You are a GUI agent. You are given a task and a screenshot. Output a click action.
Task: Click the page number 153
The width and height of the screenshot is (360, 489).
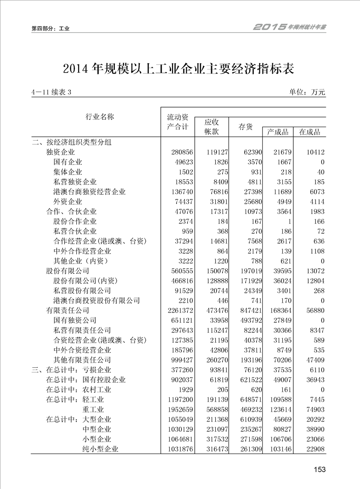point(320,469)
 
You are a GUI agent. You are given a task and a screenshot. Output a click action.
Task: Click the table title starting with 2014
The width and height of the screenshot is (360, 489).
point(180,69)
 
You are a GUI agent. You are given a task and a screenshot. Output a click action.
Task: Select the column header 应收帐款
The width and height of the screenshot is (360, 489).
point(212,127)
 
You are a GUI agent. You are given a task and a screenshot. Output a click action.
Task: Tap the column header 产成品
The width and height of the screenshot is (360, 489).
point(277,132)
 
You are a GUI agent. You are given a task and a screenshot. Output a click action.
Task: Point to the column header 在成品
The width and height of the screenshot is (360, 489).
point(310,132)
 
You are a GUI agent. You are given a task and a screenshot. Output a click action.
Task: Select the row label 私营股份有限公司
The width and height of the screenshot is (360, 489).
point(82,291)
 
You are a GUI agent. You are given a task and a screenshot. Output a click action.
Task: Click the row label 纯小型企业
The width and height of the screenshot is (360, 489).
point(100,449)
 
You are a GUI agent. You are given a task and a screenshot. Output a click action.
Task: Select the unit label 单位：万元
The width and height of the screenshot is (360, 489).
point(307,92)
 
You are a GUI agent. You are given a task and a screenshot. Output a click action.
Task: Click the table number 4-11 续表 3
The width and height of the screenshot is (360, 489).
point(51,93)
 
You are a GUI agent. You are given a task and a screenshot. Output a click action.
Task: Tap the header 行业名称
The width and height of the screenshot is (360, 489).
point(100,117)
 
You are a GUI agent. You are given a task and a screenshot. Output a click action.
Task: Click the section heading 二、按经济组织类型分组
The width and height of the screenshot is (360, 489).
point(71,142)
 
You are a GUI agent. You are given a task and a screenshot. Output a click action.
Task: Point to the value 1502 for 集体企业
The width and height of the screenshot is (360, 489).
point(181,172)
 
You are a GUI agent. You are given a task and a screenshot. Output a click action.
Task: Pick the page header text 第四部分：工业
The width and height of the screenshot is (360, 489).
point(50,29)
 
